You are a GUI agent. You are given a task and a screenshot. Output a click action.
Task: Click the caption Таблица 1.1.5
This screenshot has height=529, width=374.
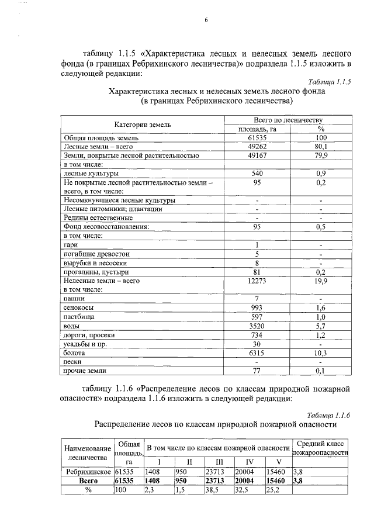click(x=328, y=82)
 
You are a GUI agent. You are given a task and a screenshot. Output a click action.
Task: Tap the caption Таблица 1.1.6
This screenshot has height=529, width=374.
click(x=328, y=415)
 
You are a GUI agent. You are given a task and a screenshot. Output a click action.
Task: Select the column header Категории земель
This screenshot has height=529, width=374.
click(x=143, y=125)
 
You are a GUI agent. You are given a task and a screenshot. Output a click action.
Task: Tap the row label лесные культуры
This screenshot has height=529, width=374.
click(x=91, y=174)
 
